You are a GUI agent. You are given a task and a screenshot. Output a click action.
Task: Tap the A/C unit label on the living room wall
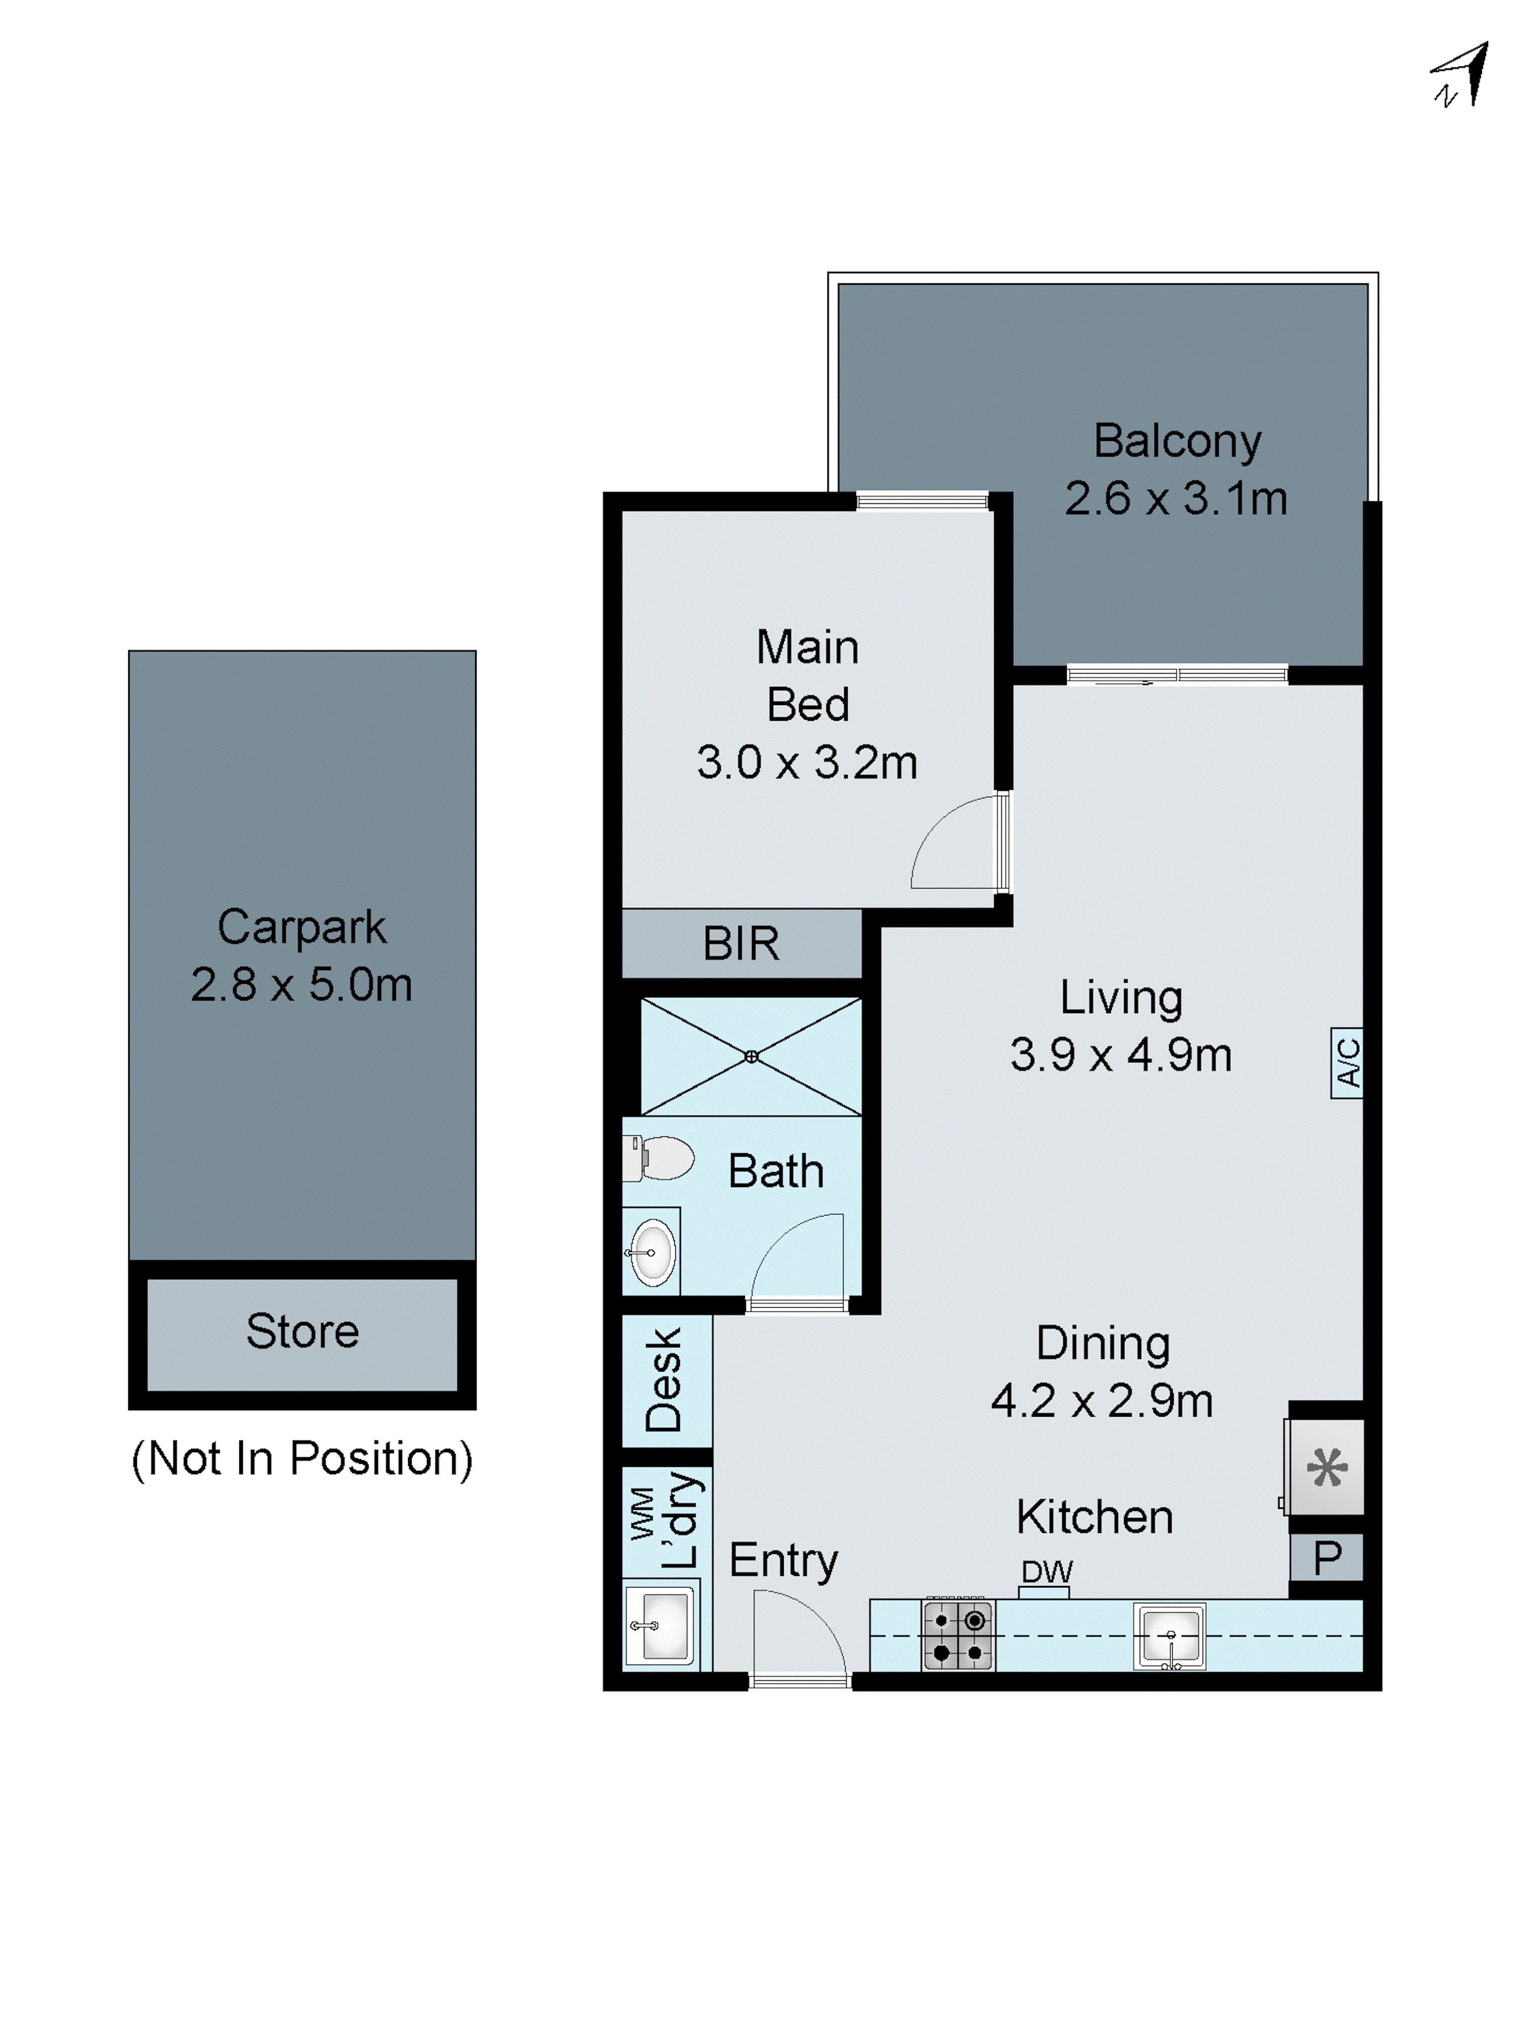[1347, 1062]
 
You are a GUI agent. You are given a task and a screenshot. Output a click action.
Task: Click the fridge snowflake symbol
[1327, 1468]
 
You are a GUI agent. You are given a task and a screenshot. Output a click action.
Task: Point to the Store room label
[303, 1331]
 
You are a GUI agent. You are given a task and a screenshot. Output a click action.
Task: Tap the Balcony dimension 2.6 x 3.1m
[1176, 499]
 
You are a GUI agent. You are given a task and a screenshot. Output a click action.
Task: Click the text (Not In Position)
[303, 1458]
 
